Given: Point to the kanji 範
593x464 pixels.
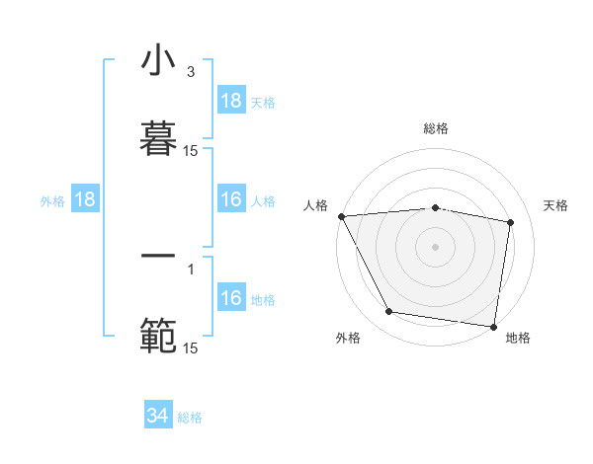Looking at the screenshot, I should click(x=158, y=334).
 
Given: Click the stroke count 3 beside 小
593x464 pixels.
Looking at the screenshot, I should click(x=191, y=71).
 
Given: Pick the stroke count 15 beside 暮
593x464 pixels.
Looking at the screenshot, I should click(x=191, y=150).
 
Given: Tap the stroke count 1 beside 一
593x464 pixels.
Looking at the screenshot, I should click(x=191, y=268).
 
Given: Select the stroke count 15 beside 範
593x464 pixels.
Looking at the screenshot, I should click(x=191, y=348).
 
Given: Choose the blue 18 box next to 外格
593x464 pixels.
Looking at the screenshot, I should click(x=85, y=200).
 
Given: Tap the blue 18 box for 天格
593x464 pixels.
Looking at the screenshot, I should click(x=231, y=101).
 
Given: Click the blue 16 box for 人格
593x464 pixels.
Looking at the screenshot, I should click(x=231, y=200).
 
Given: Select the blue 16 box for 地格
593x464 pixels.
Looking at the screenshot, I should click(x=231, y=298).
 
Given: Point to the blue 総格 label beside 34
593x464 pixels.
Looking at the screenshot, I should click(x=190, y=418).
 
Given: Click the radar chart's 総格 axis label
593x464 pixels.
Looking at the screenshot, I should click(x=436, y=128).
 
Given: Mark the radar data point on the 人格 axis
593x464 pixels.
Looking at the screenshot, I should click(x=341, y=216).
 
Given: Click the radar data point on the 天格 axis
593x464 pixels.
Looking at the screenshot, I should click(x=511, y=222).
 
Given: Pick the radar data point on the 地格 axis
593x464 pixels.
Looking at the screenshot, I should click(x=493, y=326).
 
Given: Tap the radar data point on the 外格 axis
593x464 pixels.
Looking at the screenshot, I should click(x=389, y=312).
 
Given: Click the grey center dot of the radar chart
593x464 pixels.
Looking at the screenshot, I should click(x=436, y=247).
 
